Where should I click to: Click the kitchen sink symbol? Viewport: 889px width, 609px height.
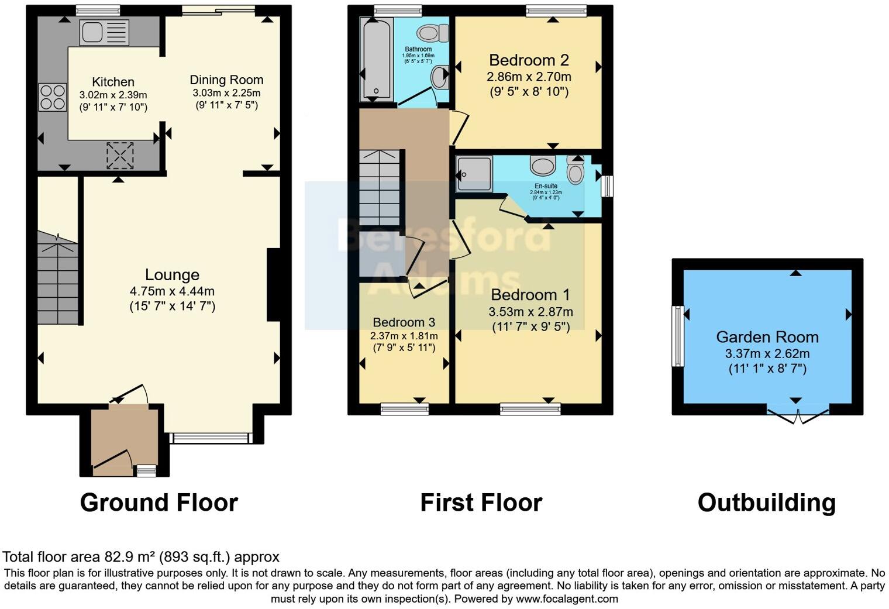[104, 32]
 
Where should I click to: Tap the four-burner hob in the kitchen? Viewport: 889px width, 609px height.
[53, 98]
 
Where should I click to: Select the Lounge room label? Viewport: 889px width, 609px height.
[172, 275]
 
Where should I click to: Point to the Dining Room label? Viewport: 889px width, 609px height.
[226, 80]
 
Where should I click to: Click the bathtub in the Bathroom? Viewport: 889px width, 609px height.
[376, 59]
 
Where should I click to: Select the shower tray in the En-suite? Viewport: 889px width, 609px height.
[474, 173]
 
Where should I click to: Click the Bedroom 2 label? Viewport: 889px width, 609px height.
[529, 60]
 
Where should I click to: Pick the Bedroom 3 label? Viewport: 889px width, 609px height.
[404, 322]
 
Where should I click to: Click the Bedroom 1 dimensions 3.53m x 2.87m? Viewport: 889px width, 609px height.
[530, 312]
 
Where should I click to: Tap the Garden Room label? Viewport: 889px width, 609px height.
[767, 337]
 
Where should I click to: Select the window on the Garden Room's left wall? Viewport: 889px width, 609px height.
[678, 336]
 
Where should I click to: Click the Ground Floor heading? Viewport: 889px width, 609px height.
[158, 503]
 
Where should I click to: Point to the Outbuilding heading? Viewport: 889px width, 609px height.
[766, 503]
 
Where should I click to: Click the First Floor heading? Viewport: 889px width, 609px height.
[481, 503]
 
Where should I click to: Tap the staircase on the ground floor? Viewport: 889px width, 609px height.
[58, 278]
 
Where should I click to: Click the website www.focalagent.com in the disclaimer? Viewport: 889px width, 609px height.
[566, 599]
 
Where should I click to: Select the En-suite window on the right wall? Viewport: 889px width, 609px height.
[607, 187]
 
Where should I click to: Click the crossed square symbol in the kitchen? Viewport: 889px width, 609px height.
[120, 155]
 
